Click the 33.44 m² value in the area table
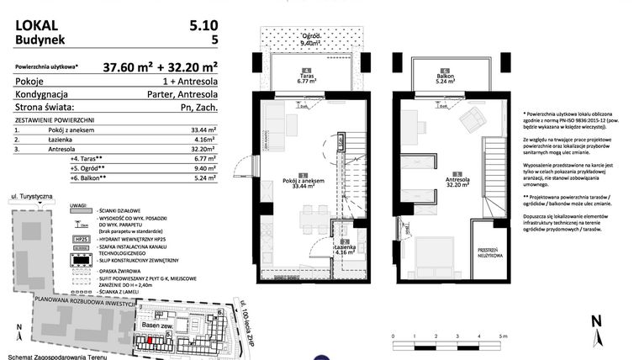pos(201,130)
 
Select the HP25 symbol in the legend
pos(82,239)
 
